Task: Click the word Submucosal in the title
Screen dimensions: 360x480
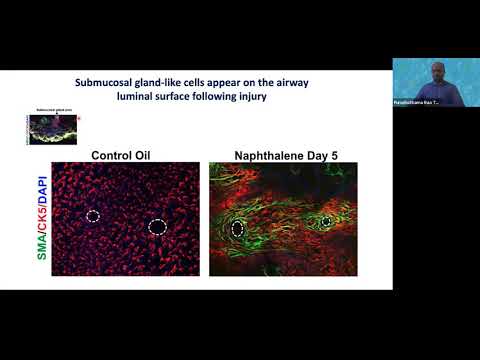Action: pyautogui.click(x=111, y=81)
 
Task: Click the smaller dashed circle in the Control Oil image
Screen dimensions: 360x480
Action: pyautogui.click(x=92, y=215)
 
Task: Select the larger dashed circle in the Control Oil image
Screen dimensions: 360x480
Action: pyautogui.click(x=157, y=227)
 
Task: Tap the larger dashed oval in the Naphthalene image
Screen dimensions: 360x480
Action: pyautogui.click(x=238, y=228)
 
